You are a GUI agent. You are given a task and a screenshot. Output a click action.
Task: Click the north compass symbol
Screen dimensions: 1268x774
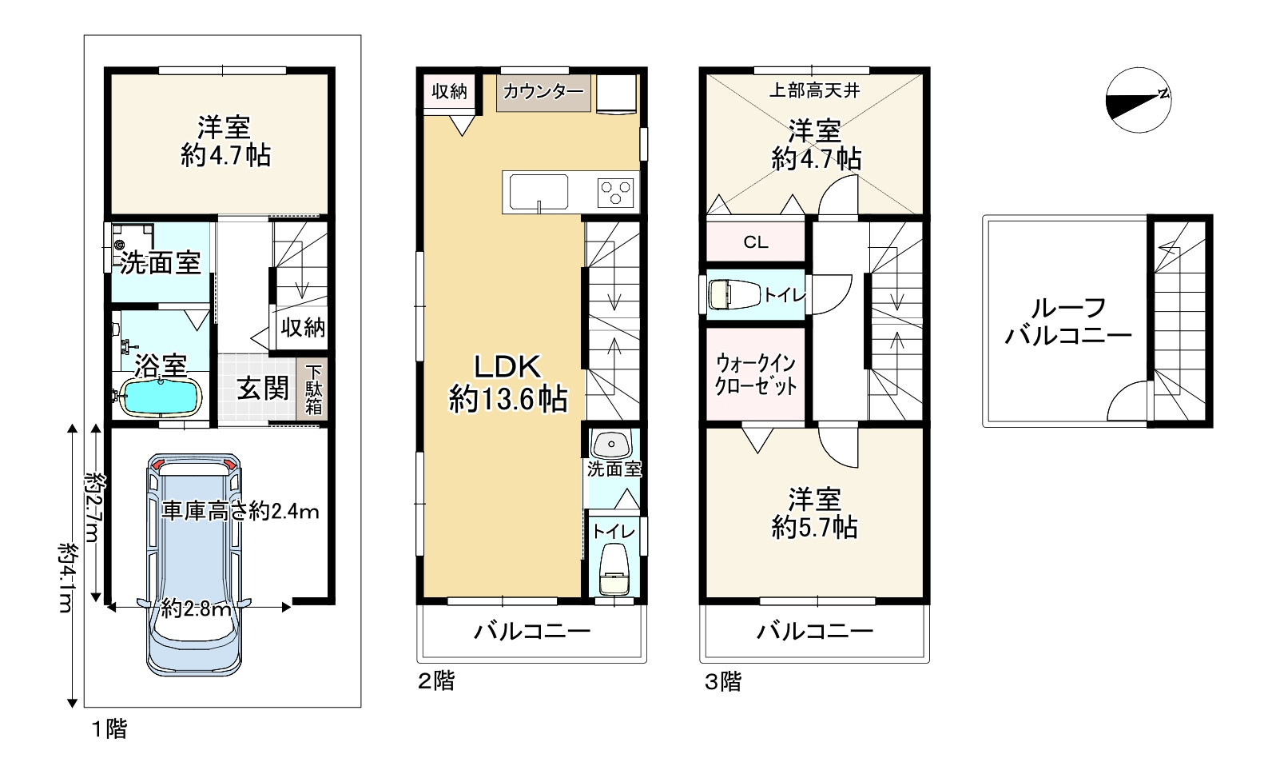1139,100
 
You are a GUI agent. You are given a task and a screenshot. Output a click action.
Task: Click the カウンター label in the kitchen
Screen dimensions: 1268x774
543,91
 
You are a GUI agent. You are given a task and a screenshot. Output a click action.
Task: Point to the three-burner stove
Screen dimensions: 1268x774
616,193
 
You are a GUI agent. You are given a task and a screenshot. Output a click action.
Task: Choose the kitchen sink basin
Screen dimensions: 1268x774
539,192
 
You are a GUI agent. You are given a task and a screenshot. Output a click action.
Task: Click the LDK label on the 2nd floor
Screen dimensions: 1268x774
508,366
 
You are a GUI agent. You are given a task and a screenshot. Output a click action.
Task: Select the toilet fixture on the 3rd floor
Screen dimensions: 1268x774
734,294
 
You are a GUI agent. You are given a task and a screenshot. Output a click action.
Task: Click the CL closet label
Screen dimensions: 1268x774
756,242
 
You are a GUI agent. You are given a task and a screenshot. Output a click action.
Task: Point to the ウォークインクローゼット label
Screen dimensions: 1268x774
756,374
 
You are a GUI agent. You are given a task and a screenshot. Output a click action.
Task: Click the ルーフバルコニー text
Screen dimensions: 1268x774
1068,322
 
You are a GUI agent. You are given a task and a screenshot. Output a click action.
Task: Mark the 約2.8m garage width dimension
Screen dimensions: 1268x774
196,609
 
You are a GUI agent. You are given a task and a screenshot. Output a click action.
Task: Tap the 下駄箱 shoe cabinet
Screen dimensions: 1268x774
312,389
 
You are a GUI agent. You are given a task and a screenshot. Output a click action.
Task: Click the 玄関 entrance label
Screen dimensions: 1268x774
263,389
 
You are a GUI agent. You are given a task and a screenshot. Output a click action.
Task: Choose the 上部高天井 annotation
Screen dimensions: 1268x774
814,90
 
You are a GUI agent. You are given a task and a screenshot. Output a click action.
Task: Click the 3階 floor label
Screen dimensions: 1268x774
723,681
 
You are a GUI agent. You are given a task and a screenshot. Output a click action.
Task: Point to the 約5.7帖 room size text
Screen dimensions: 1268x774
814,528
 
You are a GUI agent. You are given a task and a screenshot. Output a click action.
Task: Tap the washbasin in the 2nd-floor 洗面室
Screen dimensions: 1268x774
611,445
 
